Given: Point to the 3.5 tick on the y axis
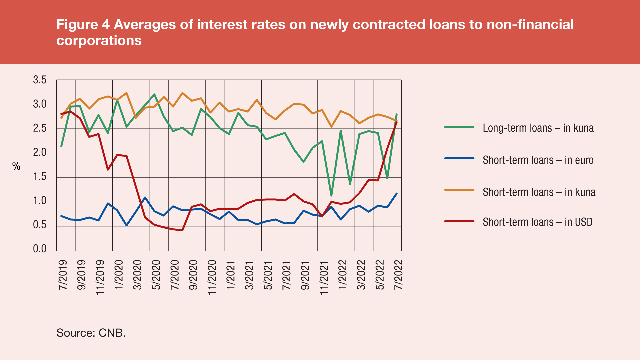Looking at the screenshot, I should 40,80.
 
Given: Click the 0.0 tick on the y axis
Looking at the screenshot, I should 40,249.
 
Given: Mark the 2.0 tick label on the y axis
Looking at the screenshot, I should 40,153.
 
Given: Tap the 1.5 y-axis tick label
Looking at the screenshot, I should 40,177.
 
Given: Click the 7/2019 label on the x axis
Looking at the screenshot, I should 63,275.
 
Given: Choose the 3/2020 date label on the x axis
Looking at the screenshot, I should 138,275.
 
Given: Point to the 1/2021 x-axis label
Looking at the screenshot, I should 231,275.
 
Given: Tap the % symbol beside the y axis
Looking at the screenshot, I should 16,166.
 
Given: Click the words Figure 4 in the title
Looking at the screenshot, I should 83,25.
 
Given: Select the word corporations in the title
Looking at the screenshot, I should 99,41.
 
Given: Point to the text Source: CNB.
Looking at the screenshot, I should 91,333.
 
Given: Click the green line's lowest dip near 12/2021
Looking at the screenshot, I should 331,196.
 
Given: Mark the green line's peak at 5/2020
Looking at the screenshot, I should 154,94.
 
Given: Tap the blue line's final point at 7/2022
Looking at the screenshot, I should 396,193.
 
